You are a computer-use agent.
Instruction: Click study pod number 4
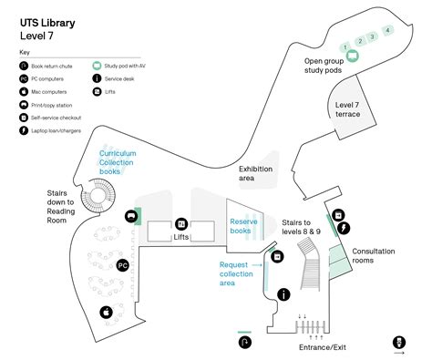[387, 30]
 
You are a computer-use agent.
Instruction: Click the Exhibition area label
[259, 174]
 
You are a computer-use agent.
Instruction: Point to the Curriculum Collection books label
[118, 162]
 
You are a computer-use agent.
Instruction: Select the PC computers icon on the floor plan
[123, 265]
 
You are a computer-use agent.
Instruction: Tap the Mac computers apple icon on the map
[106, 312]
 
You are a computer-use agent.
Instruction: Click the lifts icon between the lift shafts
[181, 224]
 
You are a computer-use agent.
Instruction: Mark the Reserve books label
[245, 226]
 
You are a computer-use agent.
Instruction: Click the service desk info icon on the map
[284, 293]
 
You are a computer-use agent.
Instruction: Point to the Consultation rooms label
[374, 256]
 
